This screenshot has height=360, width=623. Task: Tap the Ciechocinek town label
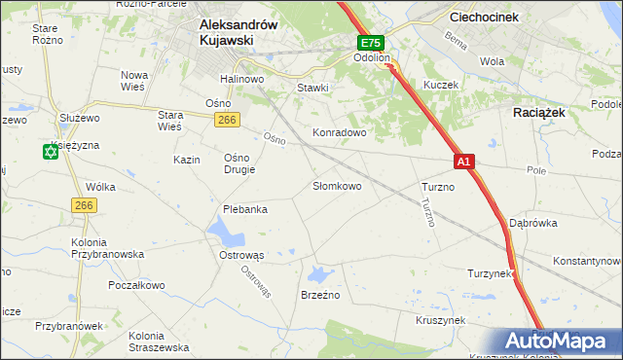pos(488,17)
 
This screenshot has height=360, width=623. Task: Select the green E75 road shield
pos(371,44)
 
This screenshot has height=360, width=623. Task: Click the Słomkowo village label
pos(337,185)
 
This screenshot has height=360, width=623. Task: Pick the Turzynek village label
pos(490,273)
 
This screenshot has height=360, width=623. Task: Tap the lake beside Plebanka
pos(226,232)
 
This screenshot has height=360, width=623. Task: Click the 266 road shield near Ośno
pos(227,119)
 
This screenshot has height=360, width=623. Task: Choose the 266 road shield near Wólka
pos(83,204)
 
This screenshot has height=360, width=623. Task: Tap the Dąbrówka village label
pos(532,222)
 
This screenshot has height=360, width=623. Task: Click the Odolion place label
pos(371,58)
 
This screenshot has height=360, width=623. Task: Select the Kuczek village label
pos(440,85)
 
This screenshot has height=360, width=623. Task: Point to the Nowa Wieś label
pos(133,81)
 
